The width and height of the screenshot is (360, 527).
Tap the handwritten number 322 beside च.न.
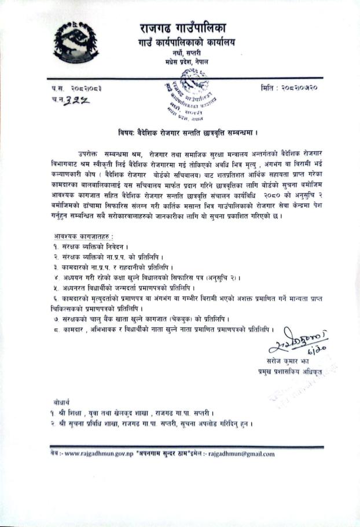(80, 99)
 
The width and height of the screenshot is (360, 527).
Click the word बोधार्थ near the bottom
(61, 401)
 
